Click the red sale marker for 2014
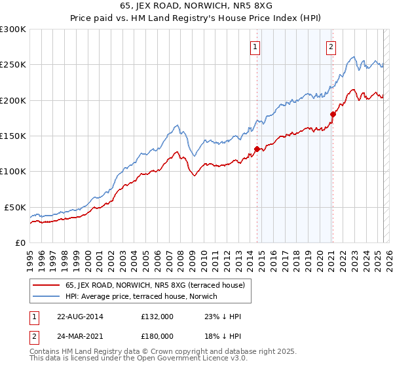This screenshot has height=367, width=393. coord(257,148)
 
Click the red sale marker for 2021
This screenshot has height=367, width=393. coord(333,114)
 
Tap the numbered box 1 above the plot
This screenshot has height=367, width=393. coord(254,47)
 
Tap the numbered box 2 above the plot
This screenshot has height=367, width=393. coord(331,47)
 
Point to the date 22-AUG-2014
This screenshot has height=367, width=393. coord(80,317)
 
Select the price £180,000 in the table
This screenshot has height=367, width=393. coord(157,336)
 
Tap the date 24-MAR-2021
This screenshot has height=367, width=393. coord(80,336)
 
